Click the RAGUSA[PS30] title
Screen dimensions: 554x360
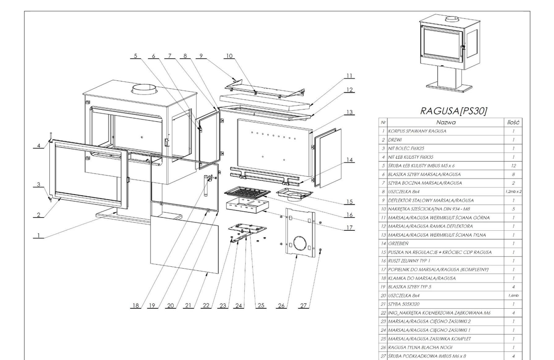(453, 111)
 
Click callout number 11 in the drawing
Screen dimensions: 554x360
(349, 76)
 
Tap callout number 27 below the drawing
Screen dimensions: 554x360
(303, 306)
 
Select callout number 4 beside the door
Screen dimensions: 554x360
(39, 146)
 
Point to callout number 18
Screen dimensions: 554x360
(136, 306)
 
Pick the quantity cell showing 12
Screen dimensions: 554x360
(513, 166)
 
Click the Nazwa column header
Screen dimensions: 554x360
(446, 122)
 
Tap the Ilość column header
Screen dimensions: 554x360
(513, 122)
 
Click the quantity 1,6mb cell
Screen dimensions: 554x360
(513, 295)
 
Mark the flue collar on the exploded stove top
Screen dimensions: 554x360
(144, 89)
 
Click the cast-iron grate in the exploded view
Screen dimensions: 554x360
(247, 192)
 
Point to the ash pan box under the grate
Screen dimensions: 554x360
(247, 206)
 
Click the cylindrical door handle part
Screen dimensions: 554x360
(206, 186)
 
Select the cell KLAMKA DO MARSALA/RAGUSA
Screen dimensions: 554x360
(422, 278)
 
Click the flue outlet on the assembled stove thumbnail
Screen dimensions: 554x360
(452, 19)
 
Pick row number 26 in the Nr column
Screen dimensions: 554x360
(383, 348)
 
